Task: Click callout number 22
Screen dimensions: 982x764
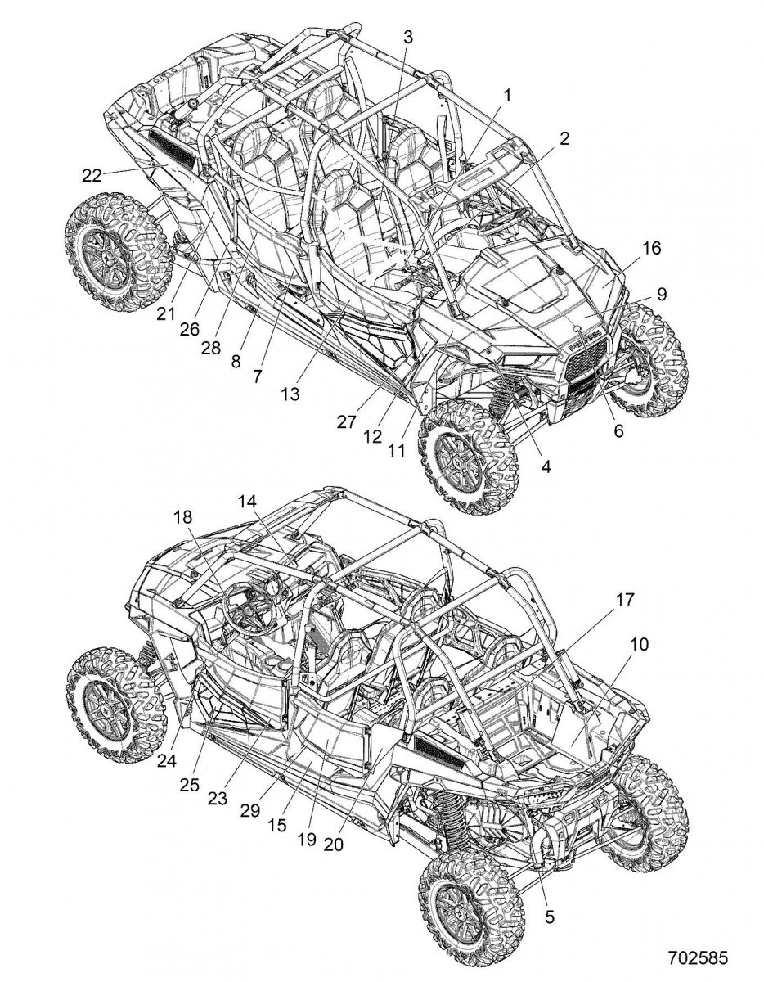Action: (x=91, y=173)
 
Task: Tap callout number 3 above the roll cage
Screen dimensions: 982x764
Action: (x=407, y=36)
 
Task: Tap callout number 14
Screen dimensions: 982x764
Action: (x=248, y=502)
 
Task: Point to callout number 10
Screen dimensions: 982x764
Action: (x=638, y=644)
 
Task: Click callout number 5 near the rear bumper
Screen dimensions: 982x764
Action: (x=548, y=917)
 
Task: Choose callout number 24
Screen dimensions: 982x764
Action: (x=167, y=759)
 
